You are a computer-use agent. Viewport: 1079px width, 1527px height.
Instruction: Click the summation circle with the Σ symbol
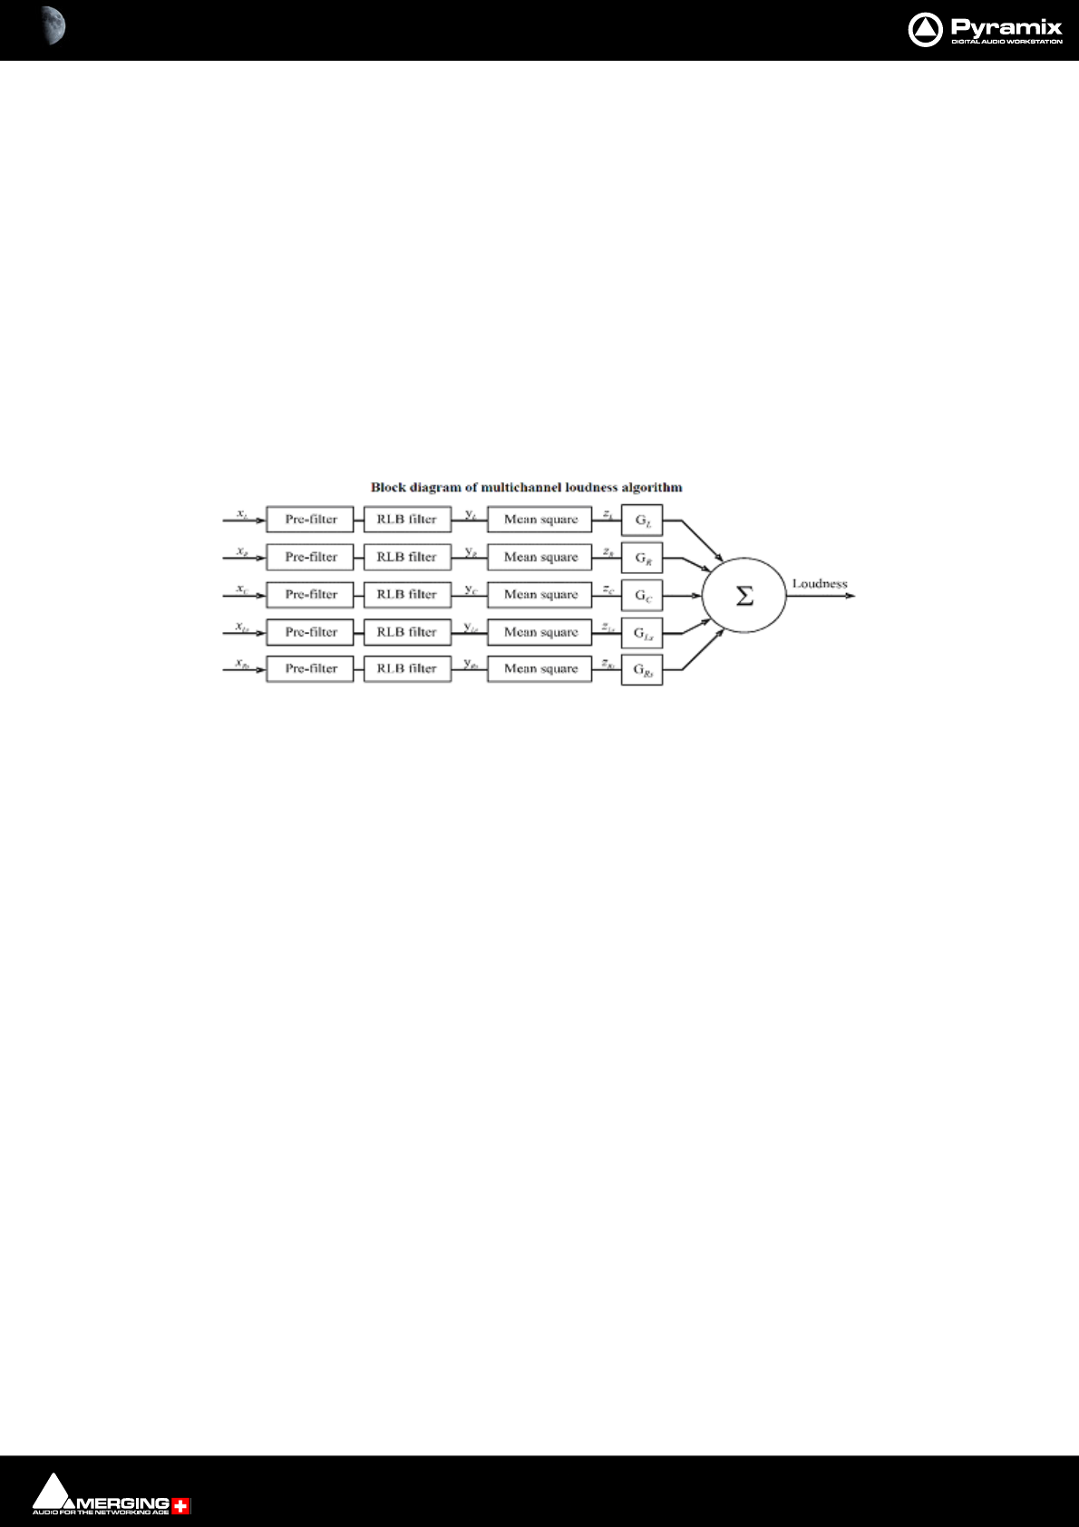click(744, 595)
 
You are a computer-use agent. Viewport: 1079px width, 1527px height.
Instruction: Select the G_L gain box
click(642, 520)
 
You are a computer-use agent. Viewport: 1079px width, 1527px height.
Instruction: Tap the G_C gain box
click(642, 596)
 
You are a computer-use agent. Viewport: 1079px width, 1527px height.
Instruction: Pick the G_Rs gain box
click(642, 670)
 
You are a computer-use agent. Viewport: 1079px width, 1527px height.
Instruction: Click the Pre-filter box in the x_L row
click(310, 520)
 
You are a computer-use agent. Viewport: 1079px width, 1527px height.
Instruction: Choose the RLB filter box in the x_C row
click(407, 595)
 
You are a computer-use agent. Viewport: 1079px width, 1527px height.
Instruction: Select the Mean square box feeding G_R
click(539, 557)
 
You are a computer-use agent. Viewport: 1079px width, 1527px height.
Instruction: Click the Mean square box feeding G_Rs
click(539, 668)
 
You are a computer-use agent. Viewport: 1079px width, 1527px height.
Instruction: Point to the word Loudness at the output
click(819, 584)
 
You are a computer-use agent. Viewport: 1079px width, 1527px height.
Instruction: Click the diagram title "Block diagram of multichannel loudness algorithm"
click(526, 487)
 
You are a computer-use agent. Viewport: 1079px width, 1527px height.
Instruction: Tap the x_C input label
click(242, 589)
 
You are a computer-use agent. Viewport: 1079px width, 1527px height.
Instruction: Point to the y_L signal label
click(471, 515)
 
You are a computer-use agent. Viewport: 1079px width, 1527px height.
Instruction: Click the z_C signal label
click(608, 590)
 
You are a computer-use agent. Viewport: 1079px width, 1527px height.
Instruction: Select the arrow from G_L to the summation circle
click(700, 540)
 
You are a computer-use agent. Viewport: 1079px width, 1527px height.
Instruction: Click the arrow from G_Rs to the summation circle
click(702, 650)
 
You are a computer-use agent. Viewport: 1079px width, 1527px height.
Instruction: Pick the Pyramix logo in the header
click(985, 30)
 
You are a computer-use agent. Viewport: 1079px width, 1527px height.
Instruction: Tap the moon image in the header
click(53, 25)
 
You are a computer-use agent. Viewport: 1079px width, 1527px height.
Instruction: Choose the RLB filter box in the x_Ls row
click(407, 632)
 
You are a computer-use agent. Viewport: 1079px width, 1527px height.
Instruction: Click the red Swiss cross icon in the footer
click(181, 1506)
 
